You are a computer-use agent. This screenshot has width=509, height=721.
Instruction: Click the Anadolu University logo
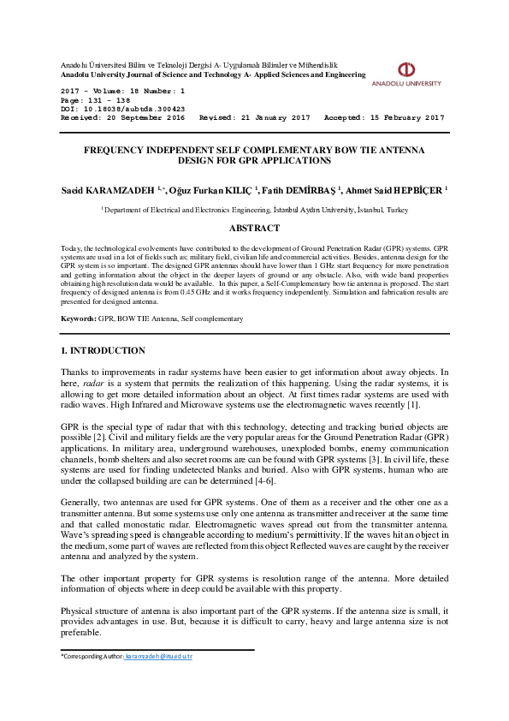[406, 73]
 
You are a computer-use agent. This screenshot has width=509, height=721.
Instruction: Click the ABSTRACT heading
[254, 228]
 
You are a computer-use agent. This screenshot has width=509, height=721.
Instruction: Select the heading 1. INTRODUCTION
[103, 350]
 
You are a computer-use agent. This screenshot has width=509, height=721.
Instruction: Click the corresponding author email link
[159, 656]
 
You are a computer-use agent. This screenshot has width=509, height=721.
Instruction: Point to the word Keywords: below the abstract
[78, 319]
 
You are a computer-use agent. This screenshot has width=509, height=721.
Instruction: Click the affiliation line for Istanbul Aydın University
[254, 209]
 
